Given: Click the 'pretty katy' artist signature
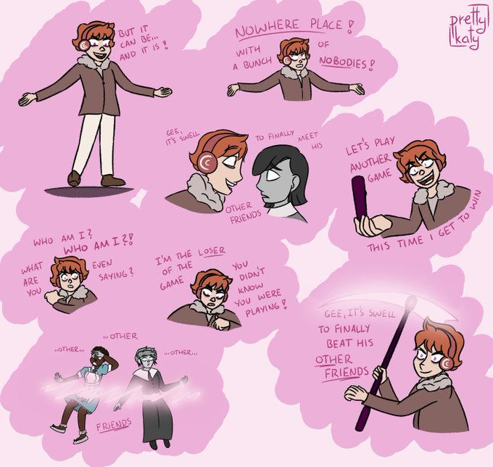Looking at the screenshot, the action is (x=468, y=28).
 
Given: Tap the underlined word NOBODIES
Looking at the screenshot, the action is (x=344, y=63).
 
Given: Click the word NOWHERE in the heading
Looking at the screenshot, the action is (x=268, y=30).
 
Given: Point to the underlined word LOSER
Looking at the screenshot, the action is (x=212, y=252).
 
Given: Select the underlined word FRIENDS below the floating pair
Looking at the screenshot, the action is (x=114, y=425).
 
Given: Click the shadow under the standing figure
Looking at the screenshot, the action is (x=89, y=191).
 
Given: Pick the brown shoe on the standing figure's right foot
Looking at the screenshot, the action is (x=113, y=180).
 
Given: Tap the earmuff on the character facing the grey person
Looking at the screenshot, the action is (x=207, y=163).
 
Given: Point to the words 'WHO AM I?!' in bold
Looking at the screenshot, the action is (x=99, y=245).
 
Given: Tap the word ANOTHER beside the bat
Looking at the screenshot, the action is (x=370, y=163).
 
